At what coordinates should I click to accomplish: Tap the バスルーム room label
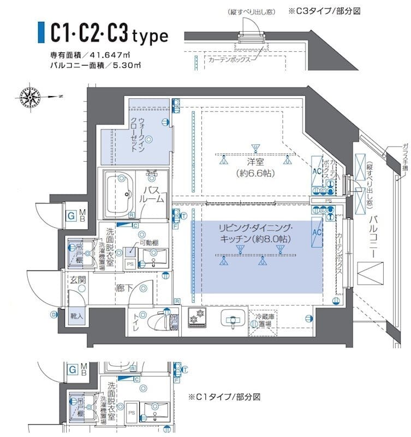click(x=153, y=194)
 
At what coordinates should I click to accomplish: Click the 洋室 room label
click(x=255, y=162)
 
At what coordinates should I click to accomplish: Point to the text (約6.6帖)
click(x=255, y=174)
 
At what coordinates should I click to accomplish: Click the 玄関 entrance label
click(x=78, y=280)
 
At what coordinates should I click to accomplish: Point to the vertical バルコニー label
click(x=373, y=238)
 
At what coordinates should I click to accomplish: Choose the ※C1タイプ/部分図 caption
click(x=224, y=396)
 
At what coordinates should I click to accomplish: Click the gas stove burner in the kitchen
click(x=196, y=317)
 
